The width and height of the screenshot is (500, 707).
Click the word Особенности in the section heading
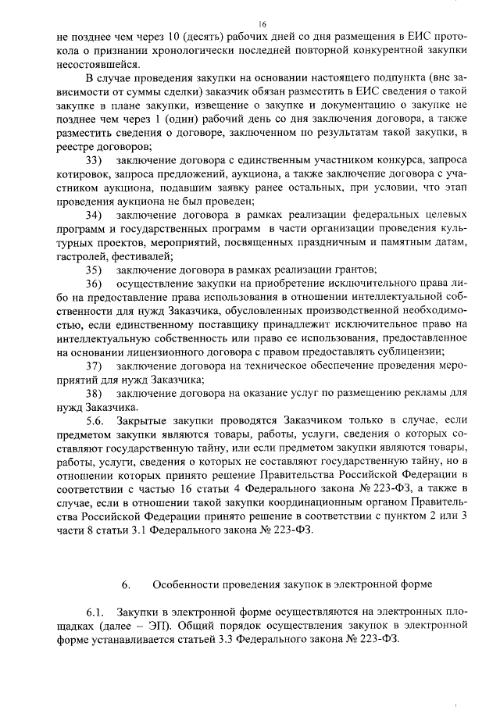click(185, 584)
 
